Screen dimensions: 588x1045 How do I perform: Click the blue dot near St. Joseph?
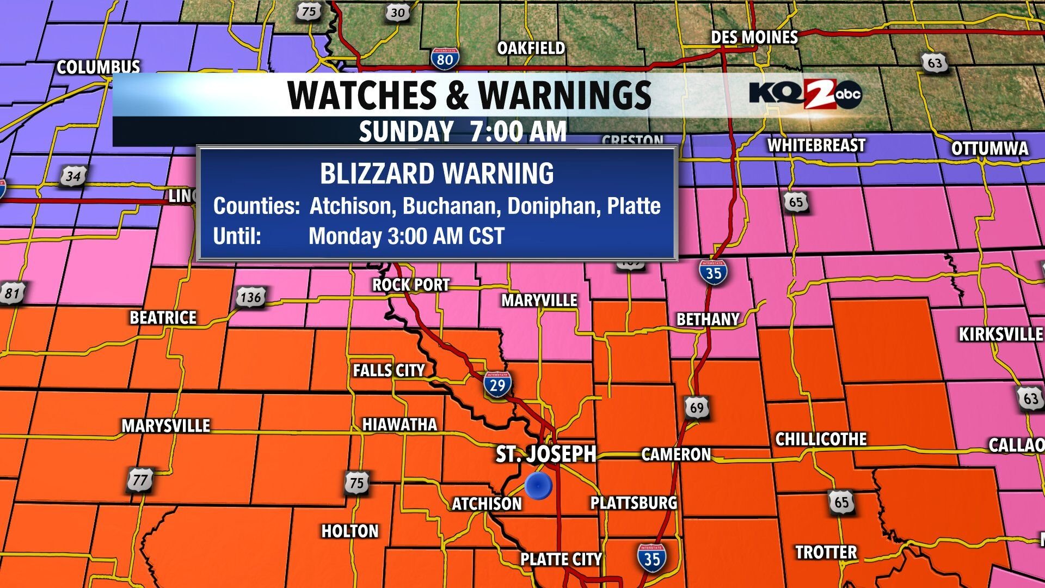pyautogui.click(x=538, y=486)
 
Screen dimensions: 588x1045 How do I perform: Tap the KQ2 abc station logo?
pyautogui.click(x=805, y=94)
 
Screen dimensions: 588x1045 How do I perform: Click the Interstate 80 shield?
pyautogui.click(x=445, y=58)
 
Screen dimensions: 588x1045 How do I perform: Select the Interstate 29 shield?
pyautogui.click(x=497, y=384)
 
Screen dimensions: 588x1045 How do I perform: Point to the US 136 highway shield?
pyautogui.click(x=250, y=297)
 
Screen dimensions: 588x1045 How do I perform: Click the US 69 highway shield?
pyautogui.click(x=697, y=407)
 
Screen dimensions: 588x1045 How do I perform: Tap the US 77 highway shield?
pyautogui.click(x=140, y=480)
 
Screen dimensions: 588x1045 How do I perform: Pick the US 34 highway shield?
pyautogui.click(x=73, y=176)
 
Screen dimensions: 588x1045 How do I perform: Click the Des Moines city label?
pyautogui.click(x=754, y=38)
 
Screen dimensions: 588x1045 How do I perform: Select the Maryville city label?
pyautogui.click(x=539, y=301)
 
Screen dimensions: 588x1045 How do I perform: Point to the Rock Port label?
pyautogui.click(x=411, y=285)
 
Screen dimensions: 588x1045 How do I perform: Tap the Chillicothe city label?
pyautogui.click(x=821, y=439)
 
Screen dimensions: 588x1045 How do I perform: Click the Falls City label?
pyautogui.click(x=389, y=371)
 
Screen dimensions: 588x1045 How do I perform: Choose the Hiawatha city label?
pyautogui.click(x=399, y=425)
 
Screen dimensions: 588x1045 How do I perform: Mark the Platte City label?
pyautogui.click(x=561, y=559)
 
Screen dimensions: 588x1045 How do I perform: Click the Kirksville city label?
pyautogui.click(x=1000, y=334)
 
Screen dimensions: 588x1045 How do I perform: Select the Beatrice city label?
pyautogui.click(x=163, y=318)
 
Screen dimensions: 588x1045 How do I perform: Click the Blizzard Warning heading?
pyautogui.click(x=437, y=174)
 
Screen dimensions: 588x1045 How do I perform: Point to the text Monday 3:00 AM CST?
pyautogui.click(x=407, y=236)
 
